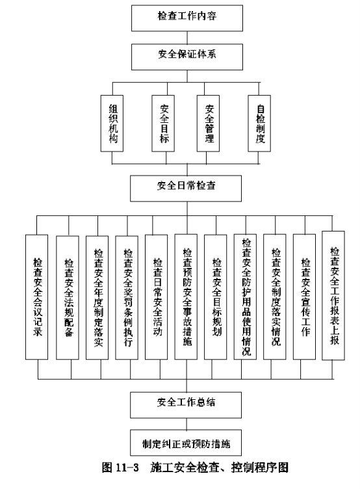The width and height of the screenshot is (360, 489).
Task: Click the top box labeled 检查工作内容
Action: coord(187,18)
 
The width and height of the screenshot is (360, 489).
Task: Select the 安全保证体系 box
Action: coord(187,57)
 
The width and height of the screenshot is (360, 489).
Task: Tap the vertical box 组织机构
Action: coord(112,124)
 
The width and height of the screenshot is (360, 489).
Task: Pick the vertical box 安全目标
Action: coord(163,124)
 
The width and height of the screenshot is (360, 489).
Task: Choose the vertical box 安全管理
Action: coord(208,124)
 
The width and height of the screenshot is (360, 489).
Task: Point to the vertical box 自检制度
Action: coord(259,124)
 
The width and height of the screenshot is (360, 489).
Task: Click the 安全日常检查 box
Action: coord(186,189)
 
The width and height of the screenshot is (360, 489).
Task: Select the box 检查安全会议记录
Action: coord(37,297)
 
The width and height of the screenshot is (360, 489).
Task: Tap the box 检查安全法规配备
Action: coord(68,298)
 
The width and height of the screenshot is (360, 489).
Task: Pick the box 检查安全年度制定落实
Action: coord(97,298)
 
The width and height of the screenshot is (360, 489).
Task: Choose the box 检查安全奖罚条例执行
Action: coord(127,298)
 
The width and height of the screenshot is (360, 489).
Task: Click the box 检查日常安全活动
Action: coord(157,297)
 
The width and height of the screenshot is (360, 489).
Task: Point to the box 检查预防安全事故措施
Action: coord(186,297)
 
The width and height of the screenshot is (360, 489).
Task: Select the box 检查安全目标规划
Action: coord(215,297)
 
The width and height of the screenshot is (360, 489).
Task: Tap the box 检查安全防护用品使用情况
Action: coord(245,297)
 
